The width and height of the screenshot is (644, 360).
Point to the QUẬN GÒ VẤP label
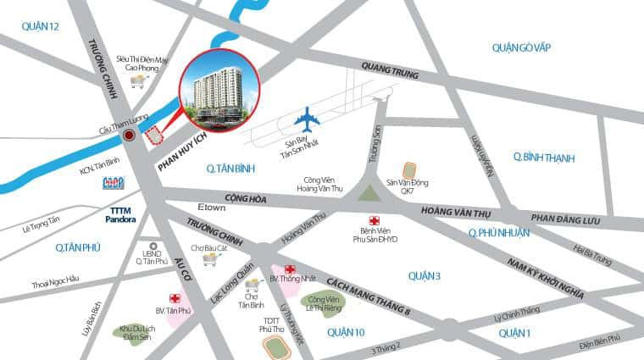click(521, 47)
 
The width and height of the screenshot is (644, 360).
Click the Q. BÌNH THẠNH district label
click(543, 158)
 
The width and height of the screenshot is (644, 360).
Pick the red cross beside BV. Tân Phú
click(175, 299)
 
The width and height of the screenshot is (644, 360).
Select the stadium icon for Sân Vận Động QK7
click(409, 169)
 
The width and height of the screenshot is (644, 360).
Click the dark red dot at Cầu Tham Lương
click(129, 135)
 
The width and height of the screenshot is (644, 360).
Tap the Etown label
click(213, 208)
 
